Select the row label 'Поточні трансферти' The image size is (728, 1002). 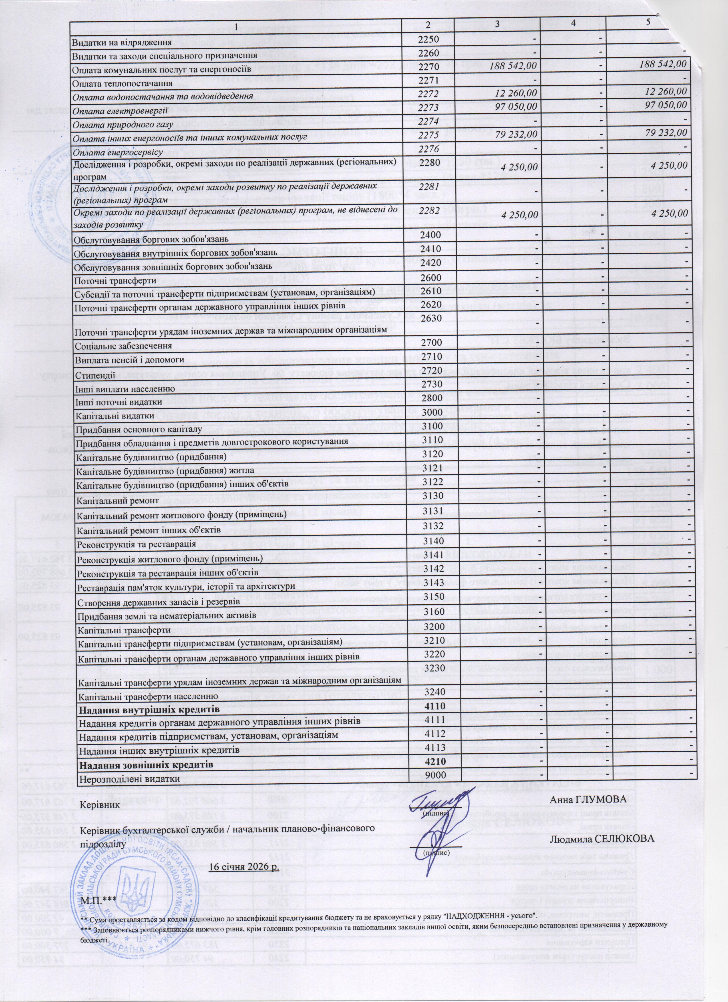pos(115,281)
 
